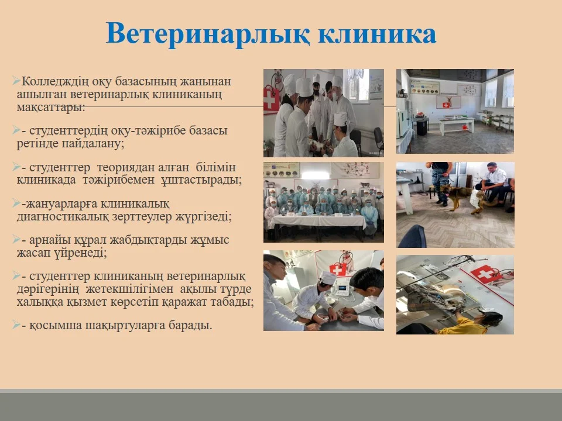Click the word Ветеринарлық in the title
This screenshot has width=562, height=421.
coord(208,34)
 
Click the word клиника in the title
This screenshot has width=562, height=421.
coord(377,34)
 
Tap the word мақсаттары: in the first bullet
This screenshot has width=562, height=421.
coord(51,107)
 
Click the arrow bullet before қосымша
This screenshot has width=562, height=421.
coord(16,325)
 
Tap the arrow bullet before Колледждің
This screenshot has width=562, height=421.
coord(16,81)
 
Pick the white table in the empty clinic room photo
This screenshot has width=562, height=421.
coord(457,125)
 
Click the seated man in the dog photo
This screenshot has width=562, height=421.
coord(492,182)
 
